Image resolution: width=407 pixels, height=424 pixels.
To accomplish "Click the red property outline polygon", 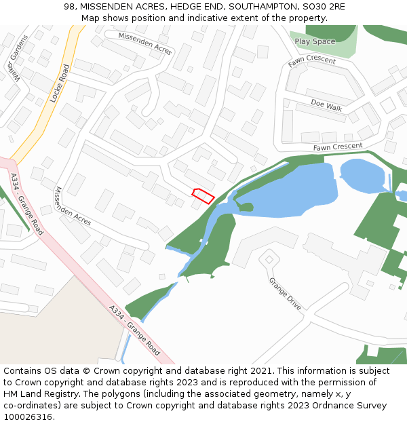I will coord(203,195).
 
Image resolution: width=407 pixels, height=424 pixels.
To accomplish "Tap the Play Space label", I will coord(315,41).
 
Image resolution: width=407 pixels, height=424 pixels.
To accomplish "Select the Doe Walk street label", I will coord(326,105).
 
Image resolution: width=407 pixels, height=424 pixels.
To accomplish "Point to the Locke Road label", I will coord(60,83).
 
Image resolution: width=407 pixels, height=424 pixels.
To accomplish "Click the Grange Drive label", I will coord(284,294).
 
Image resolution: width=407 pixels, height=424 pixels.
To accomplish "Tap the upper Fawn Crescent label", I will coord(311,61).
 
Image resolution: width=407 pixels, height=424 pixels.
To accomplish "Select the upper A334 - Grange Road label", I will coord(26,204).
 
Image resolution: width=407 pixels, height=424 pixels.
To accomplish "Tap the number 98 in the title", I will coord(70,6).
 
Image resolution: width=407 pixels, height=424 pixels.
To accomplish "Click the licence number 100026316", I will coord(29,417).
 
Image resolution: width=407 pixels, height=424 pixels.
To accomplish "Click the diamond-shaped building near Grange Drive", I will coord(269,259).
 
